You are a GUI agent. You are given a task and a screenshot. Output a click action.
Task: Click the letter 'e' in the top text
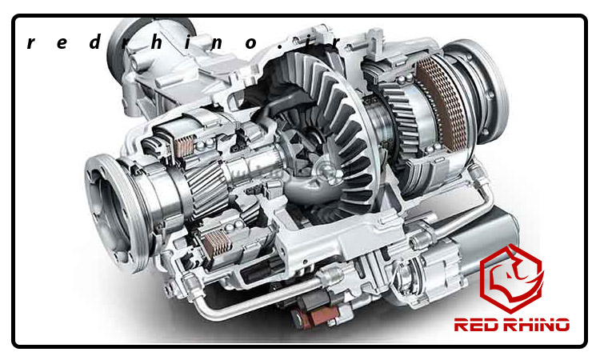click(x=62, y=43)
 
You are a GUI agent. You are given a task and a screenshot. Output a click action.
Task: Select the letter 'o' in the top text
click(x=250, y=43)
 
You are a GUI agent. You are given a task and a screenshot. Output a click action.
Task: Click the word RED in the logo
click(x=477, y=325)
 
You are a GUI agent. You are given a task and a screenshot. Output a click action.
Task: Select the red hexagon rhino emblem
click(x=512, y=278)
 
